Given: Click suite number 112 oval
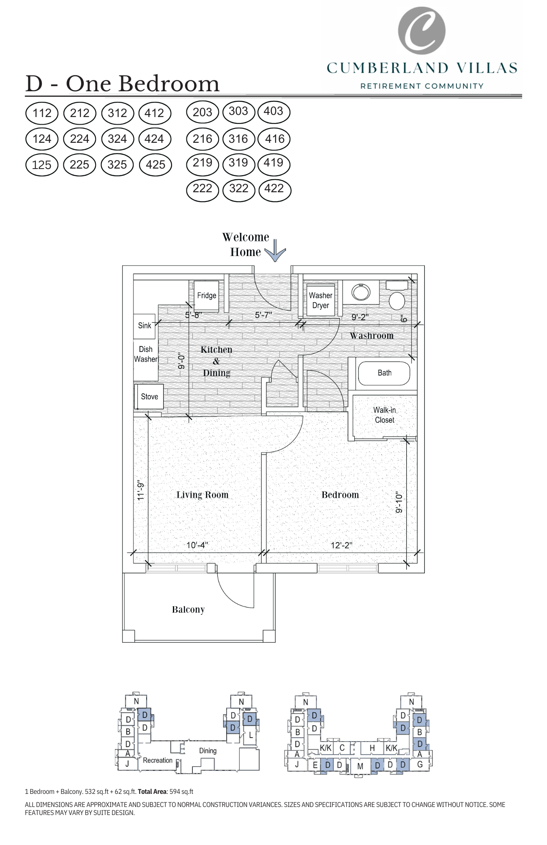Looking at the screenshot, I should tap(42, 113).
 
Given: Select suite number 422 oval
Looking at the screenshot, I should tap(274, 189).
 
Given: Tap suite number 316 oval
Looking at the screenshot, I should tap(238, 139).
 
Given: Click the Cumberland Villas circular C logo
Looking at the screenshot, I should tap(421, 30).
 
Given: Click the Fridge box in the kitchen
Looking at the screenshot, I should tap(206, 296).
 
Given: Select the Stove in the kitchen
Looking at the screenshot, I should tap(149, 397).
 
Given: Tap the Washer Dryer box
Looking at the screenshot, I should tap(320, 300).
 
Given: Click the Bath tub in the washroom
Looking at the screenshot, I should tap(384, 373).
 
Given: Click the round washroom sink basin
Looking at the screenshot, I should tap(361, 292).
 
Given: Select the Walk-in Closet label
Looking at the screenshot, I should tap(384, 415).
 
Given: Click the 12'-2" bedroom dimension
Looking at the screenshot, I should tap(341, 545).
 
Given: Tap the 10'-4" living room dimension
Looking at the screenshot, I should tap(197, 545).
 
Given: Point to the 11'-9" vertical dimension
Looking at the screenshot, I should tap(141, 491).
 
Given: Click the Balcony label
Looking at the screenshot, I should tap(188, 609).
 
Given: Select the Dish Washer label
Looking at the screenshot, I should tap(145, 354).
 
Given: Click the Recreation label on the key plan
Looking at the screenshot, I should tap(157, 760).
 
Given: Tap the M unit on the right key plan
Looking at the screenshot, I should tap(360, 766).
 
